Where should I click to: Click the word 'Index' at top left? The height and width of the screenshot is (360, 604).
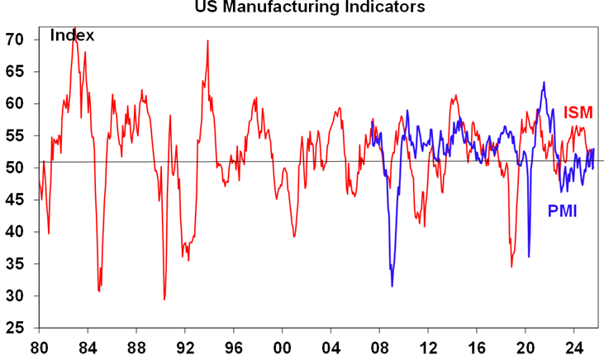73,36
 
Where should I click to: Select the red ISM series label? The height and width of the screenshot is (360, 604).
578,112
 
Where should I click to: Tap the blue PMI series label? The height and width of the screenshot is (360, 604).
562,211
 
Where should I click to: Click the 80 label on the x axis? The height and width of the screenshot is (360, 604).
40,347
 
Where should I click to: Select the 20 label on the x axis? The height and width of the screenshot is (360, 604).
526,347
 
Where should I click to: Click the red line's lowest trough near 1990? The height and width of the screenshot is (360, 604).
164,299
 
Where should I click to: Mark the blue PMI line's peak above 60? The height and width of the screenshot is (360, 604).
544,83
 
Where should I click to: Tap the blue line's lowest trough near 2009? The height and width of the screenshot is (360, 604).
392,286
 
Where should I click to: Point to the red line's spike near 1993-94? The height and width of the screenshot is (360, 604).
207,40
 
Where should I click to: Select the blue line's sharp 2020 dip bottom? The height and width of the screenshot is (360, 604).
529,257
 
